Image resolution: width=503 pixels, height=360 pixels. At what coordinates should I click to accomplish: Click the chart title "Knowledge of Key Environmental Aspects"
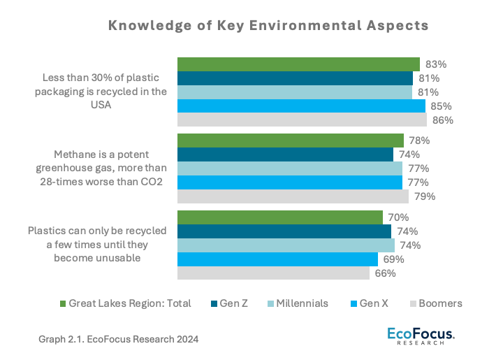[x=268, y=26]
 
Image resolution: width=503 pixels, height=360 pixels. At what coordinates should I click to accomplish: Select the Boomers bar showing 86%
[x=302, y=120]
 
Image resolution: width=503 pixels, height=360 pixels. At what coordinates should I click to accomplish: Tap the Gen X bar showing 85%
[x=301, y=106]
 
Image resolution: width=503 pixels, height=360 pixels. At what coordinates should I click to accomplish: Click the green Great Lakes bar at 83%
[x=298, y=64]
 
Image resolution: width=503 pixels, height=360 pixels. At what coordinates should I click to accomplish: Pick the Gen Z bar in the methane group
[x=285, y=154]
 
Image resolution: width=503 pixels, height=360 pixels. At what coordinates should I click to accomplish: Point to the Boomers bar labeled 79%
[x=293, y=196]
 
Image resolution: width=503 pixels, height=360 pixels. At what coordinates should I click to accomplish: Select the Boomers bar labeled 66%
[x=273, y=273]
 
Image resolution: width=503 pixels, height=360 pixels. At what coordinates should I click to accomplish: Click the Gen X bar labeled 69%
[x=277, y=259]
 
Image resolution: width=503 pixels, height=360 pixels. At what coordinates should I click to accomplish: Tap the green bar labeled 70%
[x=280, y=217]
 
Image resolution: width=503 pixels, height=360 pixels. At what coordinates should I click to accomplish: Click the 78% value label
[x=420, y=141]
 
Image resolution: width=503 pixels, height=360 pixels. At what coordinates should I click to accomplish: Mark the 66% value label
[x=386, y=273]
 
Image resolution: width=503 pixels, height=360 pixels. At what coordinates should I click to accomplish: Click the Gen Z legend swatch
[x=214, y=303]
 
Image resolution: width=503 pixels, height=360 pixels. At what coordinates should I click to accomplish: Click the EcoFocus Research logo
[x=421, y=336]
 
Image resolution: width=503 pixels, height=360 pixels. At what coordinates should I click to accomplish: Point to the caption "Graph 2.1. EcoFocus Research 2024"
[x=119, y=339]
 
